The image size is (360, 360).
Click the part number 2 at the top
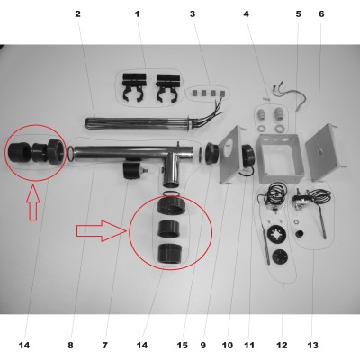[77, 13]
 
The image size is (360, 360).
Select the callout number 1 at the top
[138, 13]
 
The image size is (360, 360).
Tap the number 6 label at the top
[321, 13]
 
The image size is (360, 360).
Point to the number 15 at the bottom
[182, 346]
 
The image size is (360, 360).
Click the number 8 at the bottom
[70, 346]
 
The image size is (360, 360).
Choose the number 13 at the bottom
[312, 346]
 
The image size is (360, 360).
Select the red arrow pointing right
[101, 230]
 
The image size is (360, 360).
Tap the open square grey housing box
[280, 158]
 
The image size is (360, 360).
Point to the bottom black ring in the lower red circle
[170, 254]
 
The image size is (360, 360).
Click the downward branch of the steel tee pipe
[171, 170]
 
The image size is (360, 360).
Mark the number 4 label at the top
[247, 13]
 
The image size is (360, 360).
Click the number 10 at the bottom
[227, 346]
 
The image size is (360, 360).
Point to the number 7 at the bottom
[104, 346]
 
